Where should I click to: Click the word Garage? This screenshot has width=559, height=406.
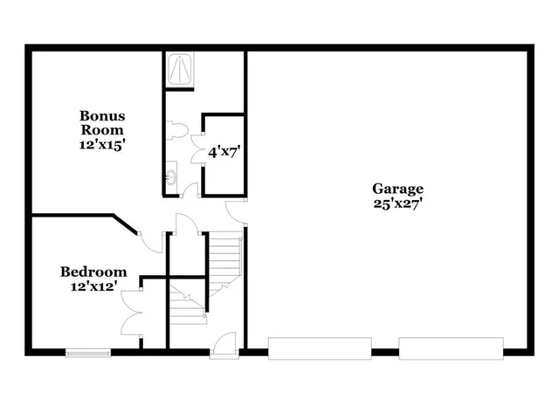(397, 188)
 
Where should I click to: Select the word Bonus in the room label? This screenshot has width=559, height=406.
(102, 115)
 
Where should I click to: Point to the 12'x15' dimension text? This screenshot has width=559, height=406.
(102, 145)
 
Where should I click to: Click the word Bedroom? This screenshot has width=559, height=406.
(93, 272)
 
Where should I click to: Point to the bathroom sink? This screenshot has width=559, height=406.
(170, 177)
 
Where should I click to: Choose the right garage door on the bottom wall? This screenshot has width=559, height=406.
(451, 348)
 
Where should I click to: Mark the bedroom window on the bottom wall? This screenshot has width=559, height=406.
(87, 354)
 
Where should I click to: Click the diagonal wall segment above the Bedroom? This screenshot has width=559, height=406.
(125, 224)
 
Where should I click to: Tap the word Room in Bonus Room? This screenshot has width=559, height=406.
(102, 130)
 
